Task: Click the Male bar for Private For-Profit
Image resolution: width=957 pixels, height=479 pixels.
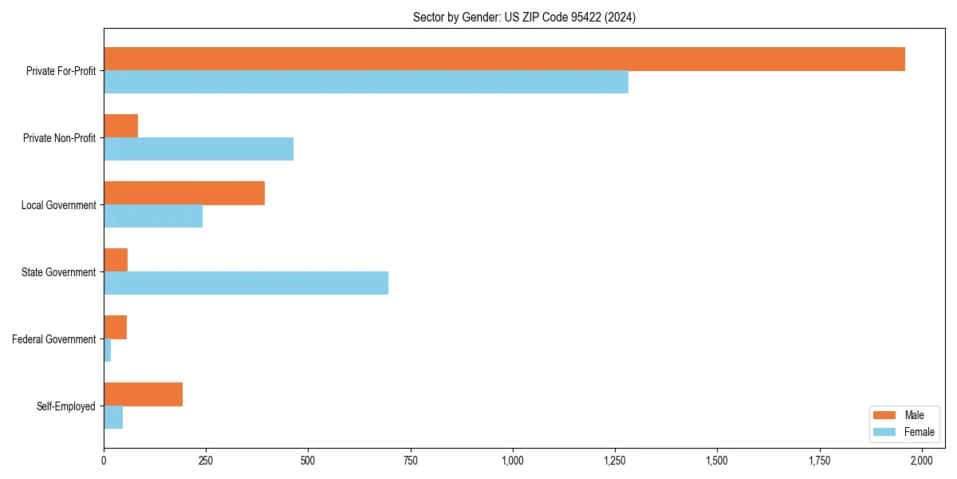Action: [504, 59]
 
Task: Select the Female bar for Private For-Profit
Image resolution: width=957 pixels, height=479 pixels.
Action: [366, 81]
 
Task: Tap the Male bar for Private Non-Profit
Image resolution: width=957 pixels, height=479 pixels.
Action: [121, 126]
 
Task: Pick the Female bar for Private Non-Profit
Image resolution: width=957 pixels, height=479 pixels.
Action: [199, 148]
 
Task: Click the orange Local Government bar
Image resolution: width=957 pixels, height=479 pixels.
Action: [184, 193]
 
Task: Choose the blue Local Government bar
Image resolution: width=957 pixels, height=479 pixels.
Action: [153, 216]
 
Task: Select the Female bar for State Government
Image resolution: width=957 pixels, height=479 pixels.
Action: [246, 283]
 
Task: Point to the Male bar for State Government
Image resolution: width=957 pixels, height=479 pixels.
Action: [116, 260]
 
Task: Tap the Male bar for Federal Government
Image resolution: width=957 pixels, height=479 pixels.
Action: [116, 327]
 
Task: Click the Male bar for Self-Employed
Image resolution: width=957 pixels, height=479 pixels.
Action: [144, 394]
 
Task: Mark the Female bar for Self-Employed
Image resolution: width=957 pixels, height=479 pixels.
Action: [113, 417]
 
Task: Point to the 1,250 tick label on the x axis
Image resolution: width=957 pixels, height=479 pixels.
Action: [615, 461]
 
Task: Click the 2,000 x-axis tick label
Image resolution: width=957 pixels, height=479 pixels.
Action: [921, 461]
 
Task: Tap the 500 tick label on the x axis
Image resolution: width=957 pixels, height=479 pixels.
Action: [308, 461]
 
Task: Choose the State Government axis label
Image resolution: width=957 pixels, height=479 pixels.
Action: [58, 272]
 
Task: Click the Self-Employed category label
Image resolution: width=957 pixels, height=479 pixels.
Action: [65, 406]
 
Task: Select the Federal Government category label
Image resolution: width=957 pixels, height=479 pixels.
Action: [53, 339]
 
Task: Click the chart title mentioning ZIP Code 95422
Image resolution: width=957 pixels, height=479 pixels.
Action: [524, 17]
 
